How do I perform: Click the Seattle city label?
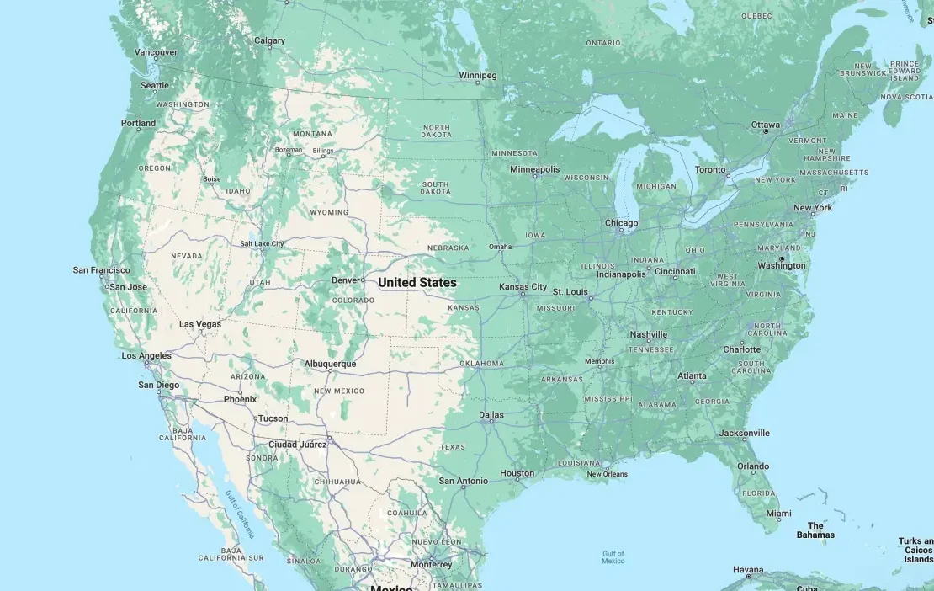click(x=155, y=85)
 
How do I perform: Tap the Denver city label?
click(x=345, y=280)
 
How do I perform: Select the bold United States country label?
click(x=417, y=283)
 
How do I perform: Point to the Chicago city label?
click(x=621, y=223)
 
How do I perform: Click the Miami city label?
click(x=778, y=514)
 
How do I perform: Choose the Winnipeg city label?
click(x=477, y=75)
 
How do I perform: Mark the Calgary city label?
click(x=270, y=40)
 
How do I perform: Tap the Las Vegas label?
click(x=200, y=324)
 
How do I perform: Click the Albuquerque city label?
click(x=330, y=364)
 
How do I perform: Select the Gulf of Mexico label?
click(x=613, y=556)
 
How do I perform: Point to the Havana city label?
click(x=748, y=570)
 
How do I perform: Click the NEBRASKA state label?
click(x=448, y=248)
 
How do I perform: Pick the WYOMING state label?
click(x=328, y=212)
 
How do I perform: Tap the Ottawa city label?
click(x=766, y=125)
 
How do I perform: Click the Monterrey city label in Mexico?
click(x=432, y=564)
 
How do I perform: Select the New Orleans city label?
click(x=607, y=474)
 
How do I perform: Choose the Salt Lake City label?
click(x=262, y=243)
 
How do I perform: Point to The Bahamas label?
click(x=815, y=530)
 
